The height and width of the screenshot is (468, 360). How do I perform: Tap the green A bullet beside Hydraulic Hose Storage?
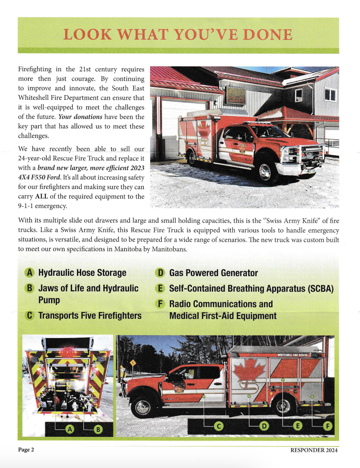(x=30, y=273)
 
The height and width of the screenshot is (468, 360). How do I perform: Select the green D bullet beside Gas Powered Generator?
(x=160, y=273)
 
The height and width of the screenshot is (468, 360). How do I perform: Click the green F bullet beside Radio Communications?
(x=160, y=304)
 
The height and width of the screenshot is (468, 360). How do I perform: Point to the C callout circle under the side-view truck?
(x=219, y=426)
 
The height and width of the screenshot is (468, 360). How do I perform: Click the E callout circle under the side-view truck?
(x=297, y=426)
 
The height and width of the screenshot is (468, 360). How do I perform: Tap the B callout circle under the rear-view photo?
(x=98, y=429)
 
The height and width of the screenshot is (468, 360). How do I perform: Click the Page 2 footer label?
(x=26, y=450)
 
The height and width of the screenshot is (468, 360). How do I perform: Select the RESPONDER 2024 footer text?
(x=314, y=450)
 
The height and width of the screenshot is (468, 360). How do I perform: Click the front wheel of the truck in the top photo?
(x=265, y=171)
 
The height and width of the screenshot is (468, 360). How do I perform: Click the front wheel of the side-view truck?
(x=143, y=407)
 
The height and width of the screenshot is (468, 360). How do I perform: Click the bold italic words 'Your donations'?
(x=80, y=117)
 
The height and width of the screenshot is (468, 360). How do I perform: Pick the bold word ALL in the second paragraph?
(x=41, y=196)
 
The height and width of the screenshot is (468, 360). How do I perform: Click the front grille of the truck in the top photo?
(x=311, y=154)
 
